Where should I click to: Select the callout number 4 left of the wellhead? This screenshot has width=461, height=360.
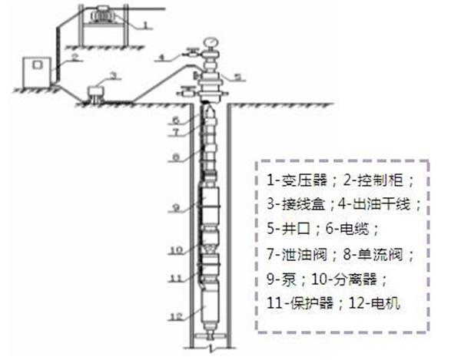point(163,56)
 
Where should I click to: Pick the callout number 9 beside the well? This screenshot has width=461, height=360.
point(176,208)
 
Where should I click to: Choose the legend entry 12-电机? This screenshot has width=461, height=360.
point(380,303)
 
